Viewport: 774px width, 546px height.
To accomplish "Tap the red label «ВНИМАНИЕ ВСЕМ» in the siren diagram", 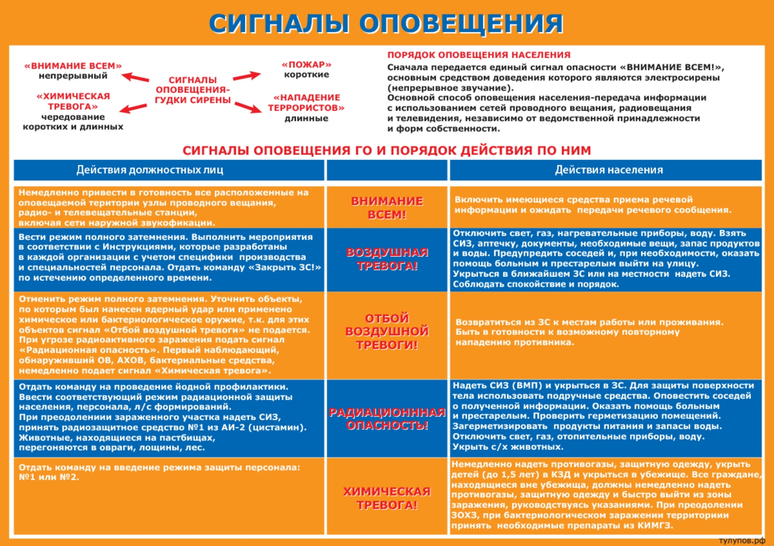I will [73, 66].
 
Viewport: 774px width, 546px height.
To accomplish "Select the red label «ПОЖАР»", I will [307, 65].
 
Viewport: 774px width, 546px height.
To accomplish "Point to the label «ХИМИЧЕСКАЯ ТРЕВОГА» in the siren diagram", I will [73, 101].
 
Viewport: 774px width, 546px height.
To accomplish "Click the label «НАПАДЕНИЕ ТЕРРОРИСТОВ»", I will [307, 103].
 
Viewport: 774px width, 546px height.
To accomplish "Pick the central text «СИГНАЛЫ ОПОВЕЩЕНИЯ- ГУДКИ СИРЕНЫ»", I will [193, 90].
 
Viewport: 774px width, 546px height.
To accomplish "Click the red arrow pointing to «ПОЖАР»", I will [247, 76].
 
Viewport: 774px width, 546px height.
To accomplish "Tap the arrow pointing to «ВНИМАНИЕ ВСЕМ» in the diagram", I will [135, 77].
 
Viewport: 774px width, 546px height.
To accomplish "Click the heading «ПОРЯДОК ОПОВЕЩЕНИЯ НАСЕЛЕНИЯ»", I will [479, 55].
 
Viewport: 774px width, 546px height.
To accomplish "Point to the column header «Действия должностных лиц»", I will [150, 170].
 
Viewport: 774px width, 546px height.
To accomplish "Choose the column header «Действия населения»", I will [609, 170].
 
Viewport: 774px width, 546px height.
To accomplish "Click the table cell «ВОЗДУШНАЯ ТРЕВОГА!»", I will [387, 259].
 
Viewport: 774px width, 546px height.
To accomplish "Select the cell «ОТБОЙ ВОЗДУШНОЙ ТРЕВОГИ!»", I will [387, 332].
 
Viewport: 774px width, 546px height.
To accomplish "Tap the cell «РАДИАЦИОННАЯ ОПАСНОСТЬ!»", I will [387, 418].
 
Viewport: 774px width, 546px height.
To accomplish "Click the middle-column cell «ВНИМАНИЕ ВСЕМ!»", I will [387, 208].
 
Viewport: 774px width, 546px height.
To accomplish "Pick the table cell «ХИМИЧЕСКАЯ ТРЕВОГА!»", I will [387, 498].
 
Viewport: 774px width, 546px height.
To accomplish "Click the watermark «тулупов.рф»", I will [742, 541].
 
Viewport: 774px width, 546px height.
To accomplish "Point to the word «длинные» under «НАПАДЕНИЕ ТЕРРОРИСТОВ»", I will [307, 119].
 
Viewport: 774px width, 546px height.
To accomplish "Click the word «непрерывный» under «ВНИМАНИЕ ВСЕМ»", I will [73, 76].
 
